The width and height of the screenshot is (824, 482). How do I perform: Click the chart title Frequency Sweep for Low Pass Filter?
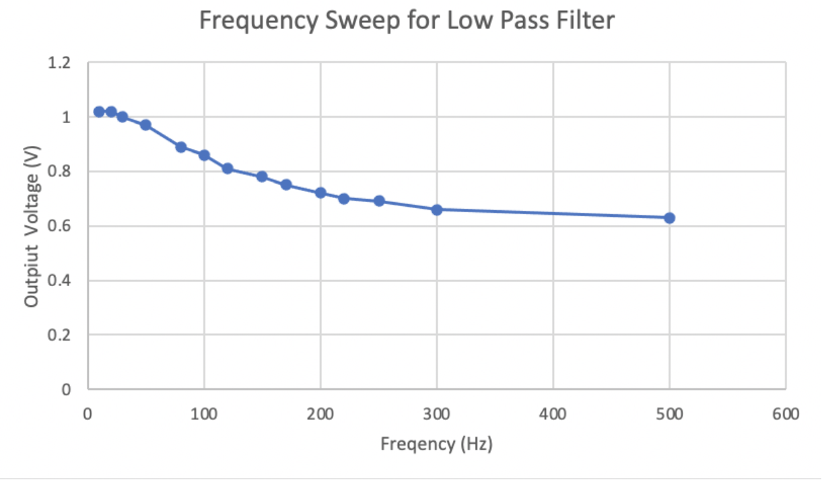pos(407,22)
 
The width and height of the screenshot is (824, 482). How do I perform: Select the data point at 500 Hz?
pos(669,218)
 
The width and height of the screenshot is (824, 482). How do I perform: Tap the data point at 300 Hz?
pos(436,209)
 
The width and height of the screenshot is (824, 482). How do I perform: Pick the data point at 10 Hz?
pos(99,112)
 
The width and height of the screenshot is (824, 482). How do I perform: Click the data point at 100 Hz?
pos(204,156)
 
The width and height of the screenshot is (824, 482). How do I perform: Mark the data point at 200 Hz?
pos(320,193)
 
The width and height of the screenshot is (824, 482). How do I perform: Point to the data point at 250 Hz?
pos(379,201)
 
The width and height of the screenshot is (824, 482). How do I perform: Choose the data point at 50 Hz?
pos(145,125)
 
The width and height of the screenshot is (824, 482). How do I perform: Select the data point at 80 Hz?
pos(180,147)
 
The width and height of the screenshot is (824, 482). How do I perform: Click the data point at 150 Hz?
pos(262,177)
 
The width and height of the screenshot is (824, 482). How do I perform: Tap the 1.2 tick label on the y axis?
pos(60,63)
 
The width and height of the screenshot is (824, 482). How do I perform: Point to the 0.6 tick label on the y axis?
pos(60,226)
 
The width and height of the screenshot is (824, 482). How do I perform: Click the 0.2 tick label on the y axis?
pos(60,335)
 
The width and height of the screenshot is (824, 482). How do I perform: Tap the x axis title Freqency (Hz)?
pos(436,445)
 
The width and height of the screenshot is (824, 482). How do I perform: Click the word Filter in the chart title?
pos(582,22)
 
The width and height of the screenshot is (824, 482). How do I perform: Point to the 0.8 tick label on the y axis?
pos(60,172)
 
